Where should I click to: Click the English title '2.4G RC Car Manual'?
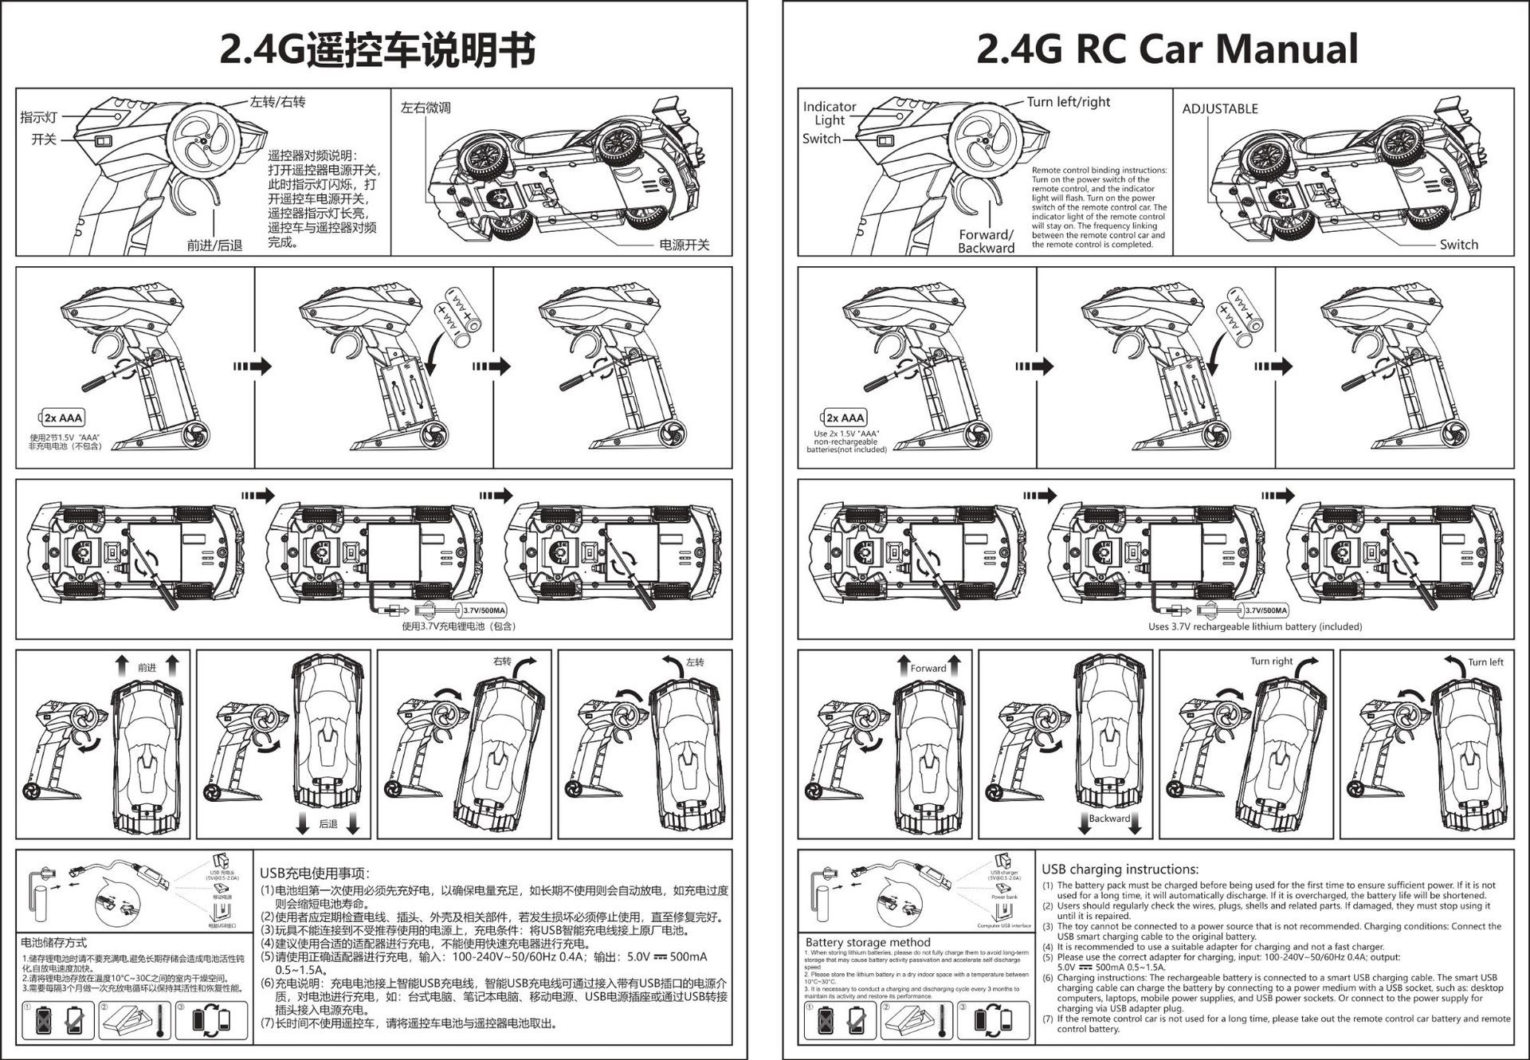click(1167, 49)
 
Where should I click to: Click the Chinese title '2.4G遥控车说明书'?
click(377, 49)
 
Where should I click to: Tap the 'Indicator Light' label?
click(829, 113)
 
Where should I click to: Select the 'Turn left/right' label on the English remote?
click(1068, 102)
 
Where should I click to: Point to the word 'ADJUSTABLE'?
click(1219, 109)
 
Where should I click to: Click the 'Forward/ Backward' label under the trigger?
click(986, 241)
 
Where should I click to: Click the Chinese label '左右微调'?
click(426, 108)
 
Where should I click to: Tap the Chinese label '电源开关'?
click(684, 245)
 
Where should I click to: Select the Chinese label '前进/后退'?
click(214, 245)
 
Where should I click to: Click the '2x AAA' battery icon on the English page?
click(844, 418)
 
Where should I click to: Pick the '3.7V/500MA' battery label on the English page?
click(1265, 610)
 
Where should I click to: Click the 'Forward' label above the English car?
click(928, 668)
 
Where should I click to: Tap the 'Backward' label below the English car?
click(1109, 819)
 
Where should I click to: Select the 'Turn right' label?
click(1271, 661)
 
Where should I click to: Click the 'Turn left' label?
click(1485, 662)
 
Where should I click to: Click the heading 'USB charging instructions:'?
click(1120, 870)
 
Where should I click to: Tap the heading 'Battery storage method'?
click(867, 942)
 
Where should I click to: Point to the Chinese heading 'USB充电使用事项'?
click(314, 874)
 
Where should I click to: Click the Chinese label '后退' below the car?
click(328, 824)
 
